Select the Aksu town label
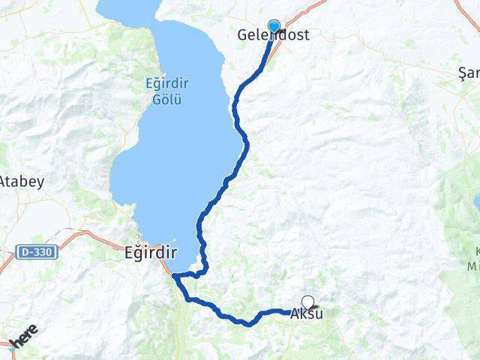[x=307, y=313]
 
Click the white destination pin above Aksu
[x=307, y=303]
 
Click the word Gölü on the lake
[x=163, y=99]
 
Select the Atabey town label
[x=22, y=181]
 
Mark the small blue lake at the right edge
[x=476, y=201]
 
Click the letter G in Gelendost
[x=241, y=35]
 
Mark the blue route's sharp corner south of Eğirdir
[x=174, y=277]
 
